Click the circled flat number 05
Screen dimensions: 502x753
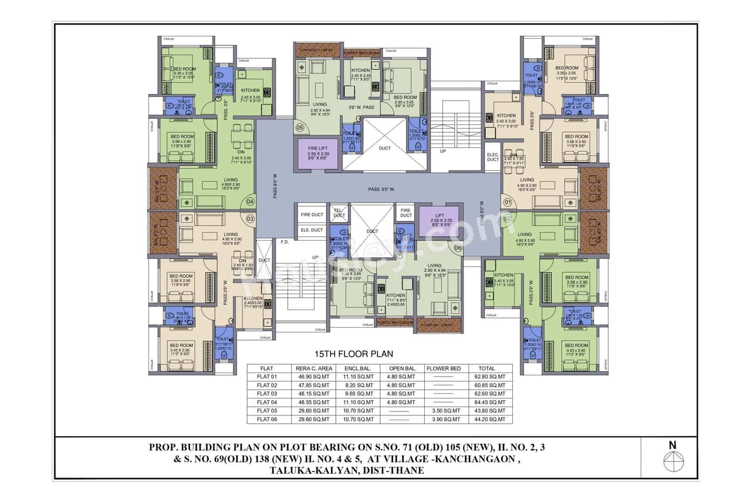point(299,128)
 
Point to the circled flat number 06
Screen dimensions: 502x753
point(458,248)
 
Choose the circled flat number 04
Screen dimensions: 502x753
point(250,201)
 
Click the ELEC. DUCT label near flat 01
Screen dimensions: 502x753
point(492,157)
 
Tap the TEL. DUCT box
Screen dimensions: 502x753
point(339,213)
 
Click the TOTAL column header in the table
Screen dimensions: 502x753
point(487,368)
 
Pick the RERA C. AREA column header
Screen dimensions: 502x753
point(311,368)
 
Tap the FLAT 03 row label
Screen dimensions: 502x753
point(266,394)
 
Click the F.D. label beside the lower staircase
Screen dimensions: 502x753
point(285,242)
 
